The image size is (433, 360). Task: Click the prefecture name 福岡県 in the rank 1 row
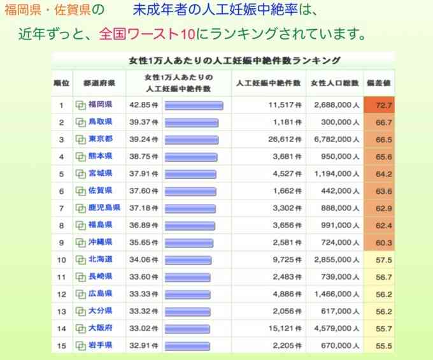pos(100,104)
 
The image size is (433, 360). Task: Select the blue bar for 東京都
pos(191,139)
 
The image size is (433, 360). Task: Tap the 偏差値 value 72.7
pos(384,104)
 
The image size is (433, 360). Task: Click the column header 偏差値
pos(379,83)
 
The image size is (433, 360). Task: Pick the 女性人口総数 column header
pos(334,83)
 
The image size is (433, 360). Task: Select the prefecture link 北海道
pos(100,259)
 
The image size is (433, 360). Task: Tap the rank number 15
pos(62,345)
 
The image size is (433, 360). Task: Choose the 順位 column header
pos(61,83)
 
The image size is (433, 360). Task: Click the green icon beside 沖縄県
pos(81,243)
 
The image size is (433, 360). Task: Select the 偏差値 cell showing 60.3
pos(384,243)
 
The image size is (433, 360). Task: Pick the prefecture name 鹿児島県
pos(103,208)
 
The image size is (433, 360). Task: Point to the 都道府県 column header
pos(99,83)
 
